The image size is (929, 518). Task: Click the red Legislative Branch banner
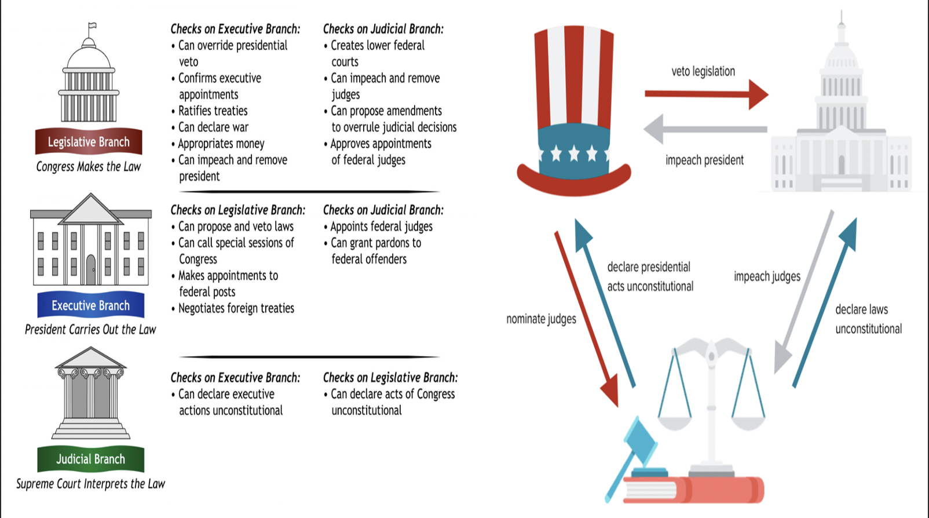pyautogui.click(x=89, y=142)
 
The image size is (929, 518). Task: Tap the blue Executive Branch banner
pyautogui.click(x=90, y=305)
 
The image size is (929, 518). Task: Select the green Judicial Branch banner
pyautogui.click(x=90, y=459)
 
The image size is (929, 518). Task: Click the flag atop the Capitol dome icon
pyautogui.click(x=92, y=26)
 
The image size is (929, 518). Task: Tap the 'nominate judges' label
pyautogui.click(x=541, y=319)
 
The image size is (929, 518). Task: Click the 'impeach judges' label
pyautogui.click(x=767, y=276)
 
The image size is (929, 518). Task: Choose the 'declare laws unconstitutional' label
pyautogui.click(x=868, y=319)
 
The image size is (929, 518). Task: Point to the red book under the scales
pyautogui.click(x=695, y=490)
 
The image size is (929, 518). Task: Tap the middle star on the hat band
pyautogui.click(x=574, y=154)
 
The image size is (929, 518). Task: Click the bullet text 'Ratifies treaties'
pyautogui.click(x=213, y=111)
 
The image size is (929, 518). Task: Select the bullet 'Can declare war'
pyautogui.click(x=213, y=127)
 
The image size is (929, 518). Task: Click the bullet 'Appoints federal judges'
pyautogui.click(x=381, y=227)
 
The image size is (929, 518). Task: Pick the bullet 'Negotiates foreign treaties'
pyautogui.click(x=236, y=308)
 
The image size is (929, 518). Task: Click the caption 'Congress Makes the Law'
pyautogui.click(x=89, y=167)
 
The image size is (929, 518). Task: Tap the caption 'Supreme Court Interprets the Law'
pyautogui.click(x=90, y=484)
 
